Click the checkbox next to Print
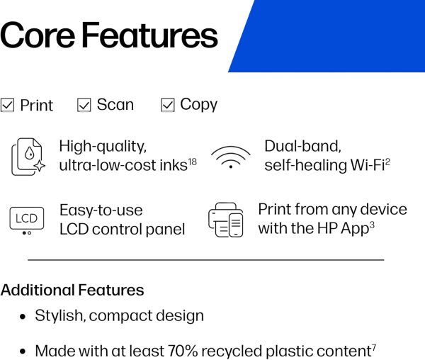click(7, 105)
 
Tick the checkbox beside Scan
click(84, 105)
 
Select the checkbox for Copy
click(167, 105)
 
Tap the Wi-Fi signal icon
click(231, 157)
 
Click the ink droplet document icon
click(28, 157)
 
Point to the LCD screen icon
click(27, 220)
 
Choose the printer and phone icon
click(226, 220)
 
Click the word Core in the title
click(38, 35)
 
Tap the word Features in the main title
click(149, 35)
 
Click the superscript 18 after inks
click(192, 162)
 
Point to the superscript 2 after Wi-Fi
click(387, 162)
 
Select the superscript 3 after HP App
click(372, 225)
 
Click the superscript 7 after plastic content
click(374, 348)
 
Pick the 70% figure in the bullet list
click(183, 351)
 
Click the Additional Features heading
click(72, 290)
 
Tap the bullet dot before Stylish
click(23, 317)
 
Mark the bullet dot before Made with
click(23, 352)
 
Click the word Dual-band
click(302, 146)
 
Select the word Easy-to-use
click(101, 210)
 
